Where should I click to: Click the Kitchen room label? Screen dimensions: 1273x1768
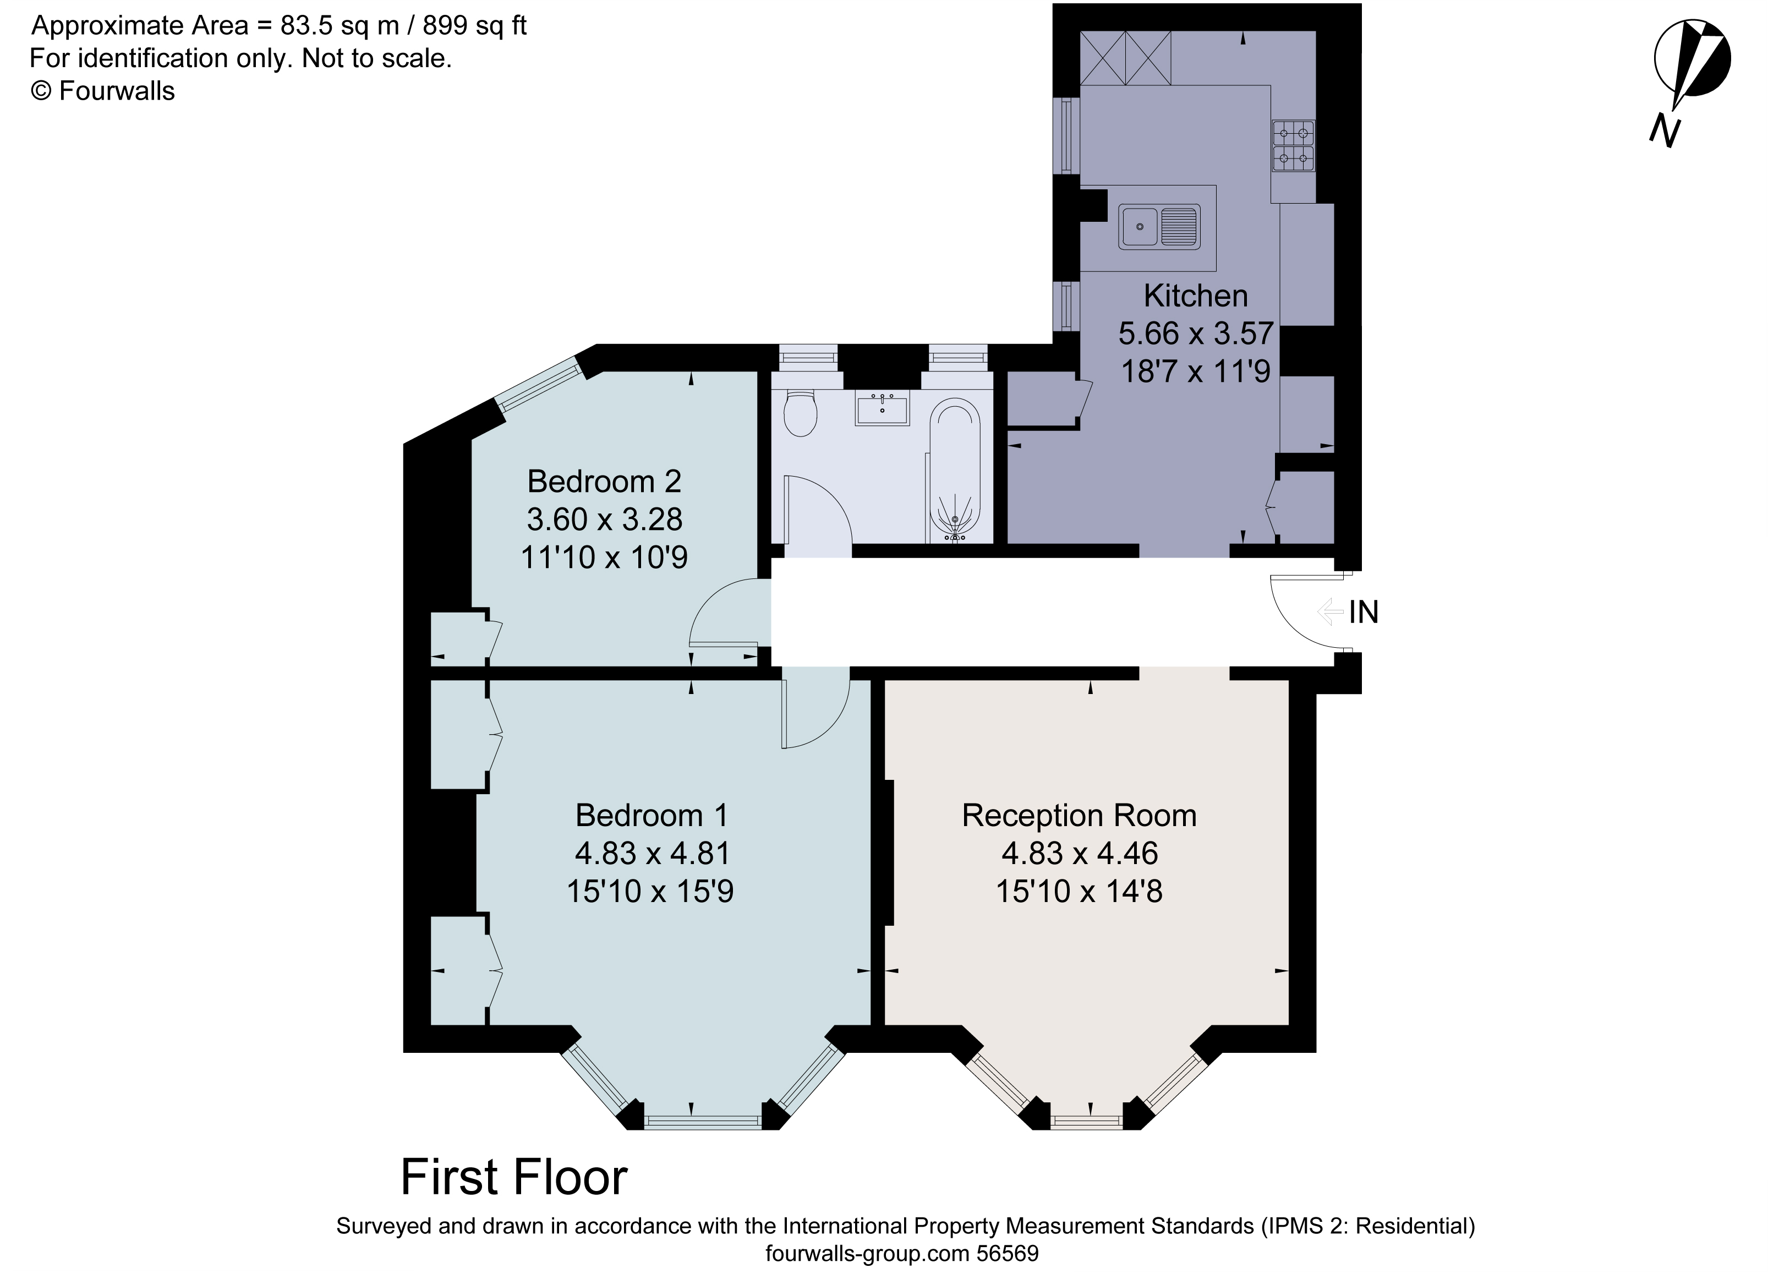click(x=1195, y=296)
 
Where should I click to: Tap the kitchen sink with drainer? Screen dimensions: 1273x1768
click(x=1158, y=227)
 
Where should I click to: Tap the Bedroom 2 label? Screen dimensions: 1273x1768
click(x=604, y=482)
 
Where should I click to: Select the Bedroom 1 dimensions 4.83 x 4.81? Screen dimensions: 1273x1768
click(x=653, y=854)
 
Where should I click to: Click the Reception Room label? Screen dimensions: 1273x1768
click(x=1079, y=816)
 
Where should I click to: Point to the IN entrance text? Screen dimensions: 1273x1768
click(x=1364, y=613)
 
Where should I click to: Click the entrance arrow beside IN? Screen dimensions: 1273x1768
click(x=1328, y=612)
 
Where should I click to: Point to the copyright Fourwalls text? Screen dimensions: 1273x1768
click(x=102, y=91)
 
